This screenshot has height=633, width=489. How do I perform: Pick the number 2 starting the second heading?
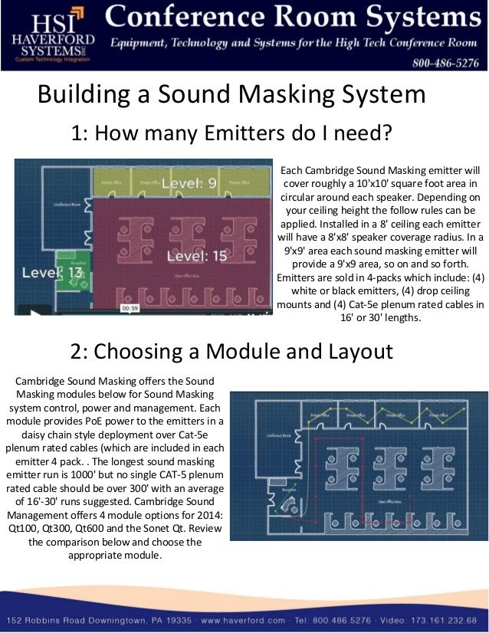(77, 352)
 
